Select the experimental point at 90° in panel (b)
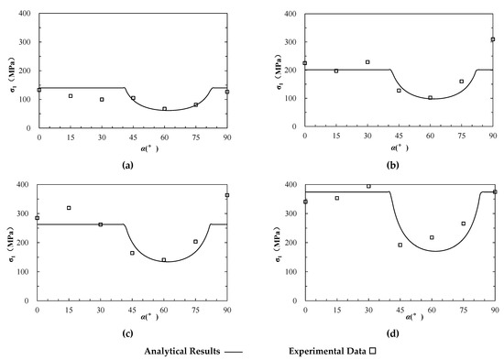pos(493,39)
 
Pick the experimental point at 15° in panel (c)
pos(69,208)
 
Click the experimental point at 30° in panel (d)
pos(368,186)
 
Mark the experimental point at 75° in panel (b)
pos(461,82)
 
